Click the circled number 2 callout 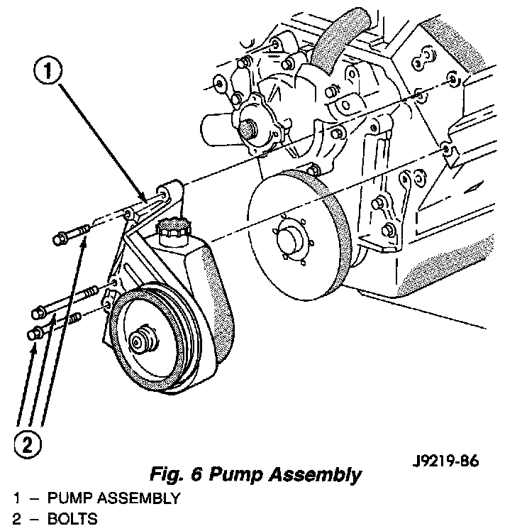[x=26, y=444]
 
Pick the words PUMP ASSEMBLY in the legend [x=113, y=498]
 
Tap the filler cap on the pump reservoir [x=172, y=229]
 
